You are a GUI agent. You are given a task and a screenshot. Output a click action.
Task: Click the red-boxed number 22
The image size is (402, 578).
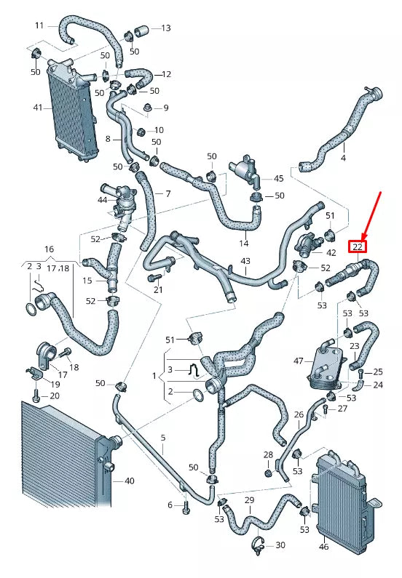pos(357,246)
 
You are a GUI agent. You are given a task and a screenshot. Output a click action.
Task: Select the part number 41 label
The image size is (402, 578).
pos(38,107)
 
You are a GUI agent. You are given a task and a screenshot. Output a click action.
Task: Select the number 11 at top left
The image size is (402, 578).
pos(39,25)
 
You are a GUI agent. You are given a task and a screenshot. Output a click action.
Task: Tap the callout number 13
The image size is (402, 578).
pos(165,28)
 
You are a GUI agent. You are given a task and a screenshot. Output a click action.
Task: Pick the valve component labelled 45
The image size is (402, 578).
pos(245,172)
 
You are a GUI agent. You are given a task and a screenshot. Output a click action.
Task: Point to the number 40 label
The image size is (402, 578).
pos(129,481)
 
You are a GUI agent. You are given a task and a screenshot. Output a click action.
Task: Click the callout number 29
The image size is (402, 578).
pos(248,501)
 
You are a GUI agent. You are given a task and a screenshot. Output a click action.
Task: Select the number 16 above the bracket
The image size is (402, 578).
pos(49,249)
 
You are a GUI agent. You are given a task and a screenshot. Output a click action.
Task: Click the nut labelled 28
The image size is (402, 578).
pos(267,473)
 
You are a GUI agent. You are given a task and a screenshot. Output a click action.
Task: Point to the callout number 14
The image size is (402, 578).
pos(243,244)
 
